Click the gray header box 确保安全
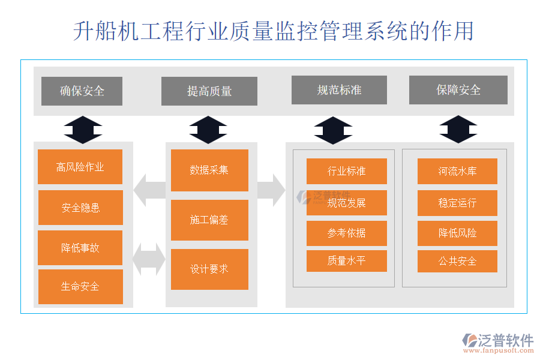pos(82,91)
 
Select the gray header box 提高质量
pos(209,91)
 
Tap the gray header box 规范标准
pos(339,90)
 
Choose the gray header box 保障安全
pos(458,90)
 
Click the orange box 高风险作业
pos(80,167)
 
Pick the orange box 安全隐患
pos(80,208)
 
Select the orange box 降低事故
pos(80,248)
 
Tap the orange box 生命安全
pos(80,287)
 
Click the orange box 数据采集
pos(209,170)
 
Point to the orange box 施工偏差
pos(209,220)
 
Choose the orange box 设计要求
pos(209,269)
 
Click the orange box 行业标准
pos(346,171)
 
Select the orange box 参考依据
pos(346,233)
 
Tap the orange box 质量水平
pos(346,261)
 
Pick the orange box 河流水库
pos(457,171)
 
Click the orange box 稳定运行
pos(457,203)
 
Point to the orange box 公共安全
pos(457,261)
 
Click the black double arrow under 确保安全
pos(83,130)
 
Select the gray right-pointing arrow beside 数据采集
pos(272,190)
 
